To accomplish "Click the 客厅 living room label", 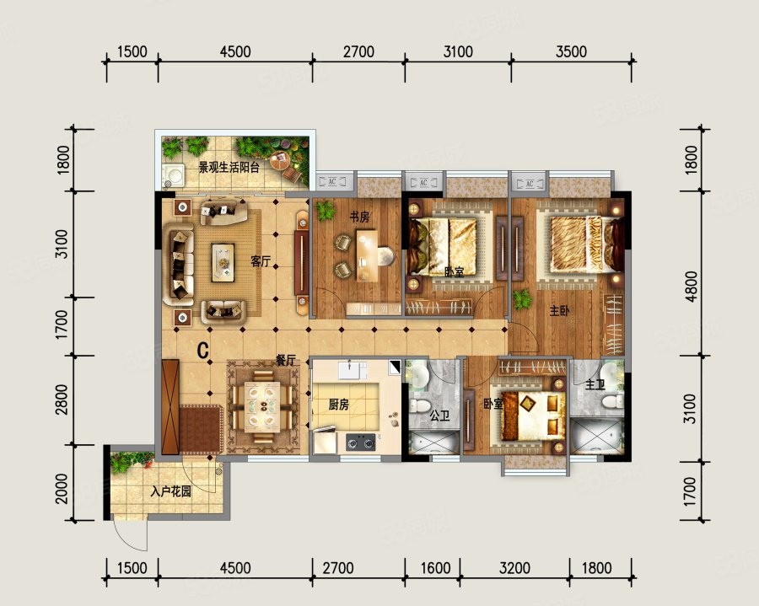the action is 261,261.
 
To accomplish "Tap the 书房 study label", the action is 359,217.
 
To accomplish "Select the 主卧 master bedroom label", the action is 560,311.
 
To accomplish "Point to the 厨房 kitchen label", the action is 338,405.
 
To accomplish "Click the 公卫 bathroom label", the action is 440,416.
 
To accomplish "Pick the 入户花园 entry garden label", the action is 170,492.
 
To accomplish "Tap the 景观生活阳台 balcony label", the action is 229,168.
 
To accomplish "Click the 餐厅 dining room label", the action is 286,360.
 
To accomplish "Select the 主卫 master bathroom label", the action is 595,385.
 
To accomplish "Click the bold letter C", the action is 203,350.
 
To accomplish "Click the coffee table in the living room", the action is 223,263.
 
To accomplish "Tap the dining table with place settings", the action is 262,405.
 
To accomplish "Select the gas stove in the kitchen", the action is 361,442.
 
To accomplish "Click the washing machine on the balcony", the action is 173,175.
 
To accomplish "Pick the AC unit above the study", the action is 332,182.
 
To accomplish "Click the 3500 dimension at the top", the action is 571,51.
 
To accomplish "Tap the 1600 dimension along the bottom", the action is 436,568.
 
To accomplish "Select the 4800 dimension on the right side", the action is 692,287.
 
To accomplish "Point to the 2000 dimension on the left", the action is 62,489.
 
